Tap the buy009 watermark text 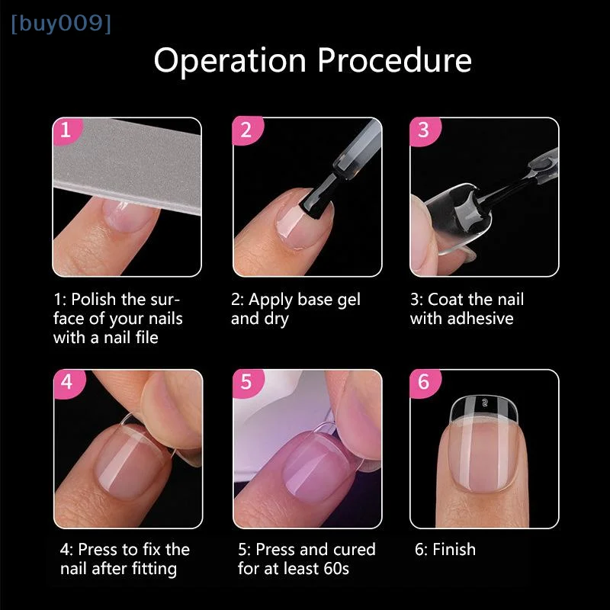tap(61, 24)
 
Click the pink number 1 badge tap(66, 130)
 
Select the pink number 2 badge tap(245, 130)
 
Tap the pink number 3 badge tap(423, 130)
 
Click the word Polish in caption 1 tap(92, 300)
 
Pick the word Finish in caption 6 tap(454, 550)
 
